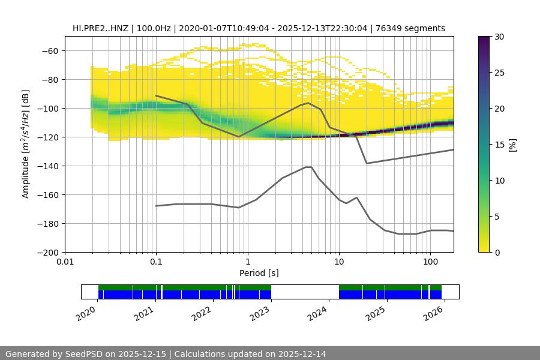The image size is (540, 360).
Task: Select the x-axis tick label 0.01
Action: (65, 262)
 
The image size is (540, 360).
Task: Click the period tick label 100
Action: (430, 262)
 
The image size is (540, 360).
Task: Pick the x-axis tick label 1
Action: (247, 262)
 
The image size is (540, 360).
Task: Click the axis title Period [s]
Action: (259, 274)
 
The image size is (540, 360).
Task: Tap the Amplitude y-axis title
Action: (26, 144)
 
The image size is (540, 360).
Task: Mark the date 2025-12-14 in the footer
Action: (301, 354)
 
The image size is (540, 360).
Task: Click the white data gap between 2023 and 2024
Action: (305, 292)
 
